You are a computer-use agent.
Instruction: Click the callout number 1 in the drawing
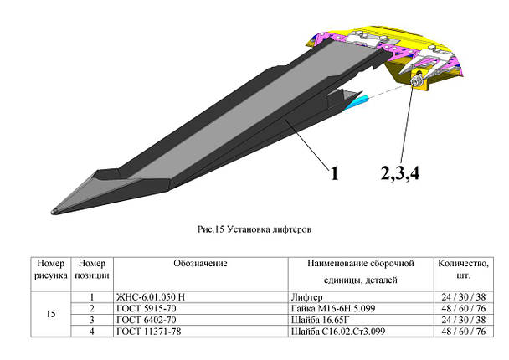point(334,173)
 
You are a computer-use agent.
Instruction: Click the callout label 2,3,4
point(400,173)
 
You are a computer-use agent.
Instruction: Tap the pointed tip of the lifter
point(53,212)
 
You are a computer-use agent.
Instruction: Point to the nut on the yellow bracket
point(414,81)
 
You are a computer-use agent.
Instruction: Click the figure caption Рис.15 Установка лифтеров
point(254,229)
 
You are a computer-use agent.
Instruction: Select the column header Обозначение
point(200,263)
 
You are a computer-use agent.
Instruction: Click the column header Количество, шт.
point(463,270)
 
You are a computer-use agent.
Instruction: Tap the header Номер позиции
point(92,270)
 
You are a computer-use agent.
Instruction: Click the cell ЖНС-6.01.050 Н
point(151,297)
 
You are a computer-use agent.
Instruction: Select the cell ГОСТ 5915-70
point(146,308)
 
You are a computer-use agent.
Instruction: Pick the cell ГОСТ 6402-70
point(146,320)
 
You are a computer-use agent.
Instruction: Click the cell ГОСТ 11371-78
point(149,332)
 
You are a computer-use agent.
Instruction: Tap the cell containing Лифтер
point(306,297)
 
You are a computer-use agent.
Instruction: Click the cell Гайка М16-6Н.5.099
point(333,308)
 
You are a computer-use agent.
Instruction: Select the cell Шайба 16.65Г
point(320,320)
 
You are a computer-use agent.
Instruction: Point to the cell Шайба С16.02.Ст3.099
point(338,332)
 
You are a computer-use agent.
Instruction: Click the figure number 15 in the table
point(51,314)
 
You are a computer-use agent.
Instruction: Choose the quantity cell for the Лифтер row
point(463,297)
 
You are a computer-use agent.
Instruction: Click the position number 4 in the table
point(92,332)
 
